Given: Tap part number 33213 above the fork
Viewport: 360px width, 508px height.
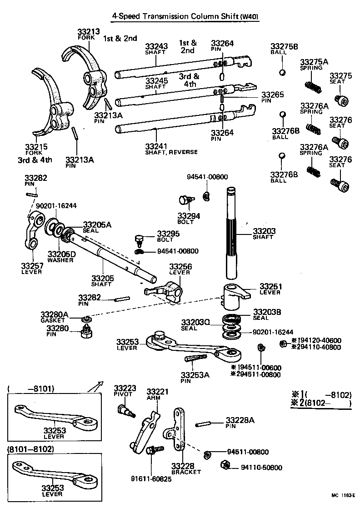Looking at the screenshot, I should click(x=88, y=32).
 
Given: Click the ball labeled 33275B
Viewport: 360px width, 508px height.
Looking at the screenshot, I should click(x=283, y=72).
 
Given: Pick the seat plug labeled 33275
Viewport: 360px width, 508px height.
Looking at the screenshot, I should click(x=340, y=100).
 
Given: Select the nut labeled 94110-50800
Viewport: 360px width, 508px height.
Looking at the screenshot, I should click(x=225, y=465).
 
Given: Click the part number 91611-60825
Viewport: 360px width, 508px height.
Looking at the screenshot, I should click(x=151, y=478).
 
